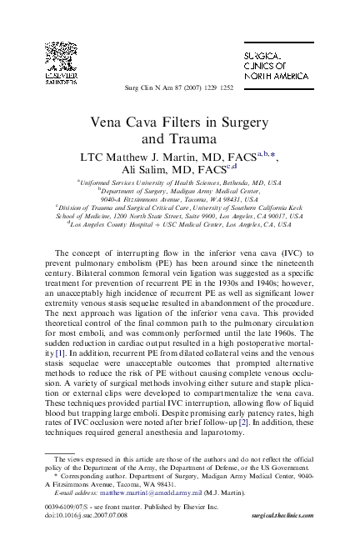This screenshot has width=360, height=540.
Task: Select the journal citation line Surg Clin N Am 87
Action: (179, 88)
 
